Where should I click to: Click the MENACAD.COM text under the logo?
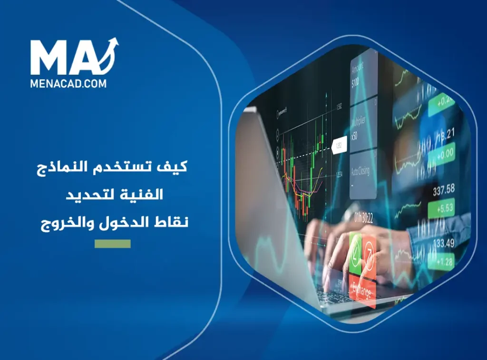point(68,83)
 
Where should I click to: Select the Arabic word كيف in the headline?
point(175,167)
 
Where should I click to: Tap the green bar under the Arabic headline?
point(112,244)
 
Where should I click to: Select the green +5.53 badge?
point(441,208)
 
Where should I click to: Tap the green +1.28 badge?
point(441,261)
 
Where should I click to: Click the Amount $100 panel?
point(363,76)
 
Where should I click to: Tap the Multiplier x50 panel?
point(363,126)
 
